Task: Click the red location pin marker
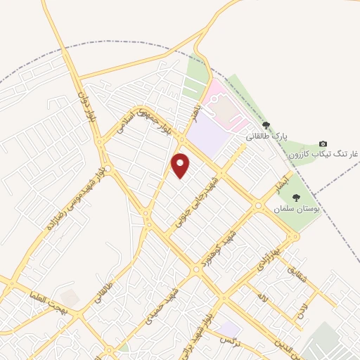coord(181,165)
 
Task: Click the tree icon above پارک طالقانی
coord(265,124)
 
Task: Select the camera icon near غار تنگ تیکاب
coord(323,143)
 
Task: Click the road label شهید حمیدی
coord(162,309)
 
